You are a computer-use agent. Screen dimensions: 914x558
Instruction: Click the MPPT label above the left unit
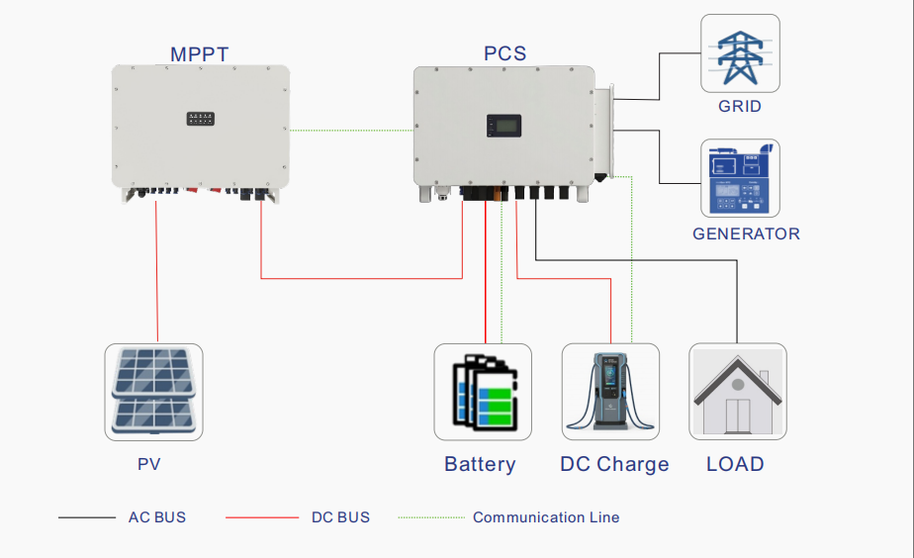tap(200, 54)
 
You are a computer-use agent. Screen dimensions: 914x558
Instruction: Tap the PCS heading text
tap(505, 53)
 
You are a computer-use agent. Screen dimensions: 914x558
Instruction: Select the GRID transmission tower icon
tap(740, 53)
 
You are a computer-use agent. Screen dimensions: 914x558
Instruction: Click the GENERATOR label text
tap(746, 233)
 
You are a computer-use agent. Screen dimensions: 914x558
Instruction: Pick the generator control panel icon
tap(740, 178)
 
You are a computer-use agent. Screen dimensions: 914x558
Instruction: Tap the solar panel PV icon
tap(154, 392)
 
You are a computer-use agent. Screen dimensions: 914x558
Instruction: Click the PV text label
tap(149, 464)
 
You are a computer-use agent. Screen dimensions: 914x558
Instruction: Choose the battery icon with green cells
tap(483, 392)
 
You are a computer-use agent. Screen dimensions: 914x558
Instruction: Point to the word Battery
tap(481, 464)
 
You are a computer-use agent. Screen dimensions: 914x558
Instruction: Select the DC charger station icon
tap(610, 392)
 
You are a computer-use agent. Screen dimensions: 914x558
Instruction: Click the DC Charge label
tap(614, 464)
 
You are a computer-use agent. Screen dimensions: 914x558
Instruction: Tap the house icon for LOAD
tap(738, 392)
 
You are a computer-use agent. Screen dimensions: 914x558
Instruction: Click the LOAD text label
tap(735, 464)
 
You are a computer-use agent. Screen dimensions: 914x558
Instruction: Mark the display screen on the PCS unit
tap(504, 126)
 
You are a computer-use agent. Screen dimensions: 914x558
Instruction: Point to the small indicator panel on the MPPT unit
tap(201, 119)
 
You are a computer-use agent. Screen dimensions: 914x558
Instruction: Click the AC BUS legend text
tap(157, 517)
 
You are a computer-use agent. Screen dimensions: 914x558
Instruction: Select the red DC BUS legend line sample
tap(262, 517)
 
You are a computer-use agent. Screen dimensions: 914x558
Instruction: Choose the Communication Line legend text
tap(546, 517)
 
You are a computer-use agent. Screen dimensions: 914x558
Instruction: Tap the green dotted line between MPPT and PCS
tap(351, 130)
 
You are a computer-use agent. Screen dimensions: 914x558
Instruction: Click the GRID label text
tap(740, 106)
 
